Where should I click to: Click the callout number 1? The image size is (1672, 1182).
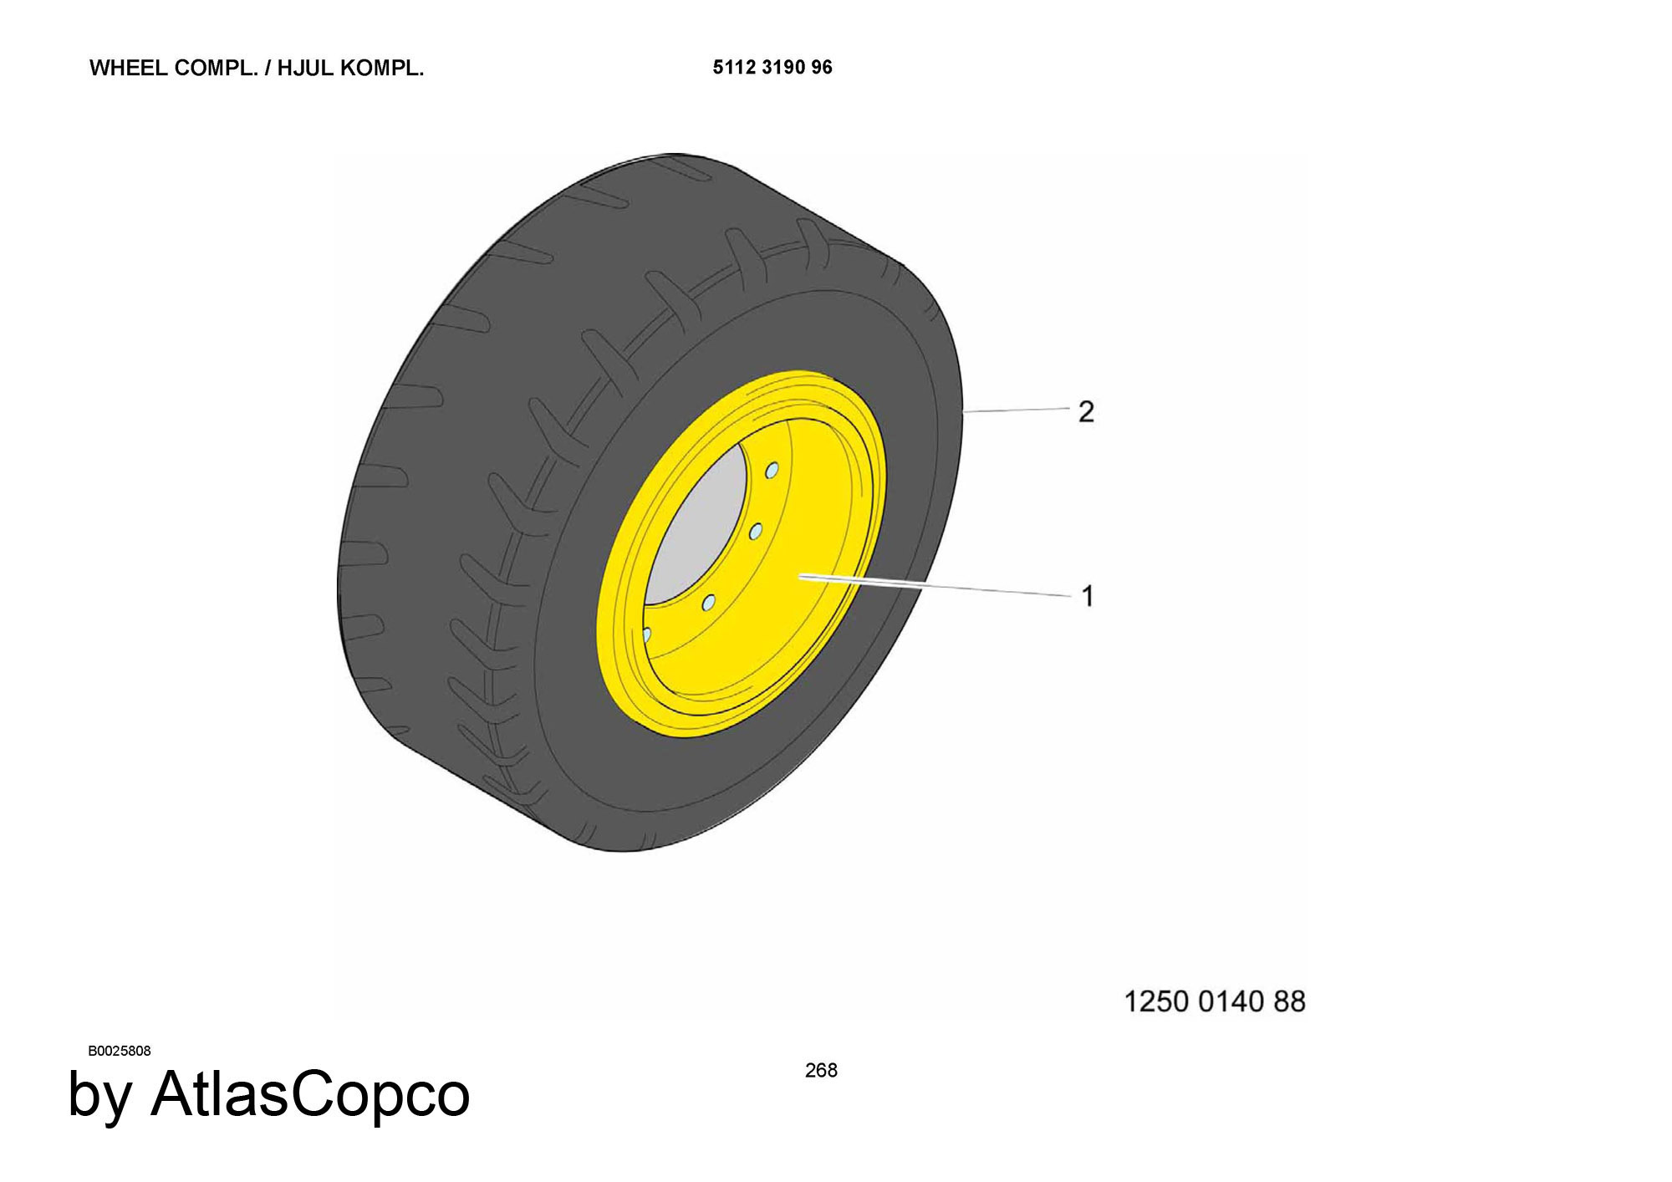(x=1088, y=596)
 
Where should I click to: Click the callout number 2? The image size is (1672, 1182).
(x=1086, y=411)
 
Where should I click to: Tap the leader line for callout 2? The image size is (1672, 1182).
(x=1017, y=410)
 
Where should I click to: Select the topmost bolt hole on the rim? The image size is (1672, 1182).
(x=772, y=471)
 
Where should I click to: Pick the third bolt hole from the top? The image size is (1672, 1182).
(x=708, y=602)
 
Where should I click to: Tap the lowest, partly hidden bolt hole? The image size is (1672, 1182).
(x=646, y=634)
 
